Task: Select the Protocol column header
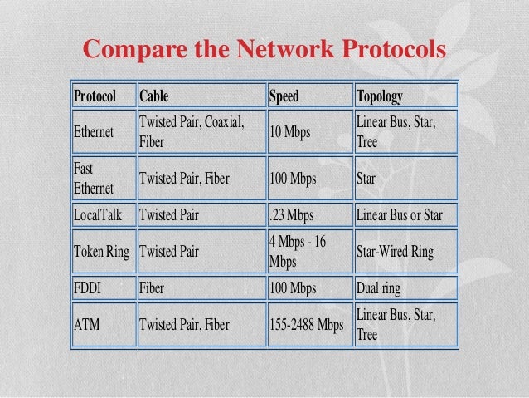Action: tap(95, 96)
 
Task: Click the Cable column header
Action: tap(153, 96)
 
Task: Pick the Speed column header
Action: tap(284, 96)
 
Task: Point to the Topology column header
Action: tap(379, 96)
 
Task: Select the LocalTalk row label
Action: tap(99, 216)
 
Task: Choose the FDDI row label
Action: tap(90, 289)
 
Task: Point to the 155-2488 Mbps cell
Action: tap(306, 324)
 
